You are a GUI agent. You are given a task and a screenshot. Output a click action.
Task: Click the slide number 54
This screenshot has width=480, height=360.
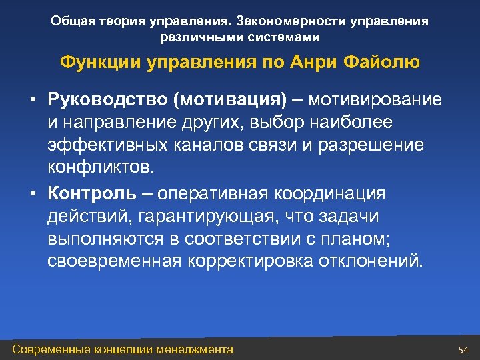point(464,350)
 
